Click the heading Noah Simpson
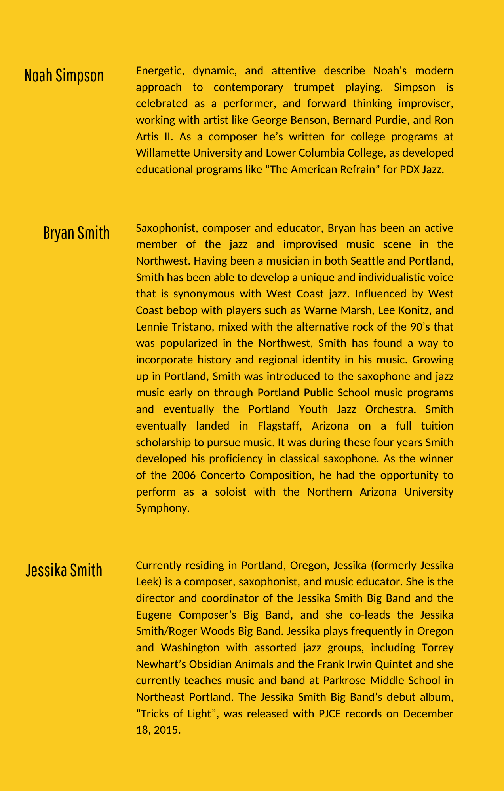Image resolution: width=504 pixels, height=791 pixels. tap(64, 76)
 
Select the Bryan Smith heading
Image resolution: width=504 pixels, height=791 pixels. tap(76, 233)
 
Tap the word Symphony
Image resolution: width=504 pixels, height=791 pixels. tap(161, 508)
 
